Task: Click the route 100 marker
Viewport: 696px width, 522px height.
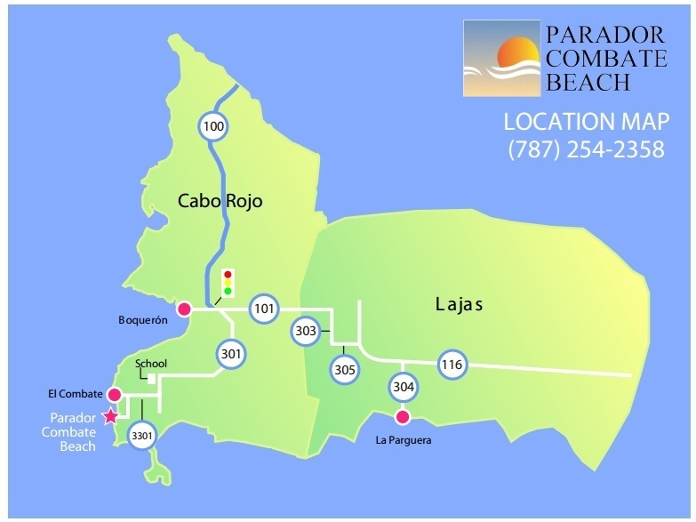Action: [213, 126]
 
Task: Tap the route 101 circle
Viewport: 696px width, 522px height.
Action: [263, 309]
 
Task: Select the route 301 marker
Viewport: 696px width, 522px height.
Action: [231, 354]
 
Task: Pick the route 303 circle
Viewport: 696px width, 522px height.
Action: [305, 332]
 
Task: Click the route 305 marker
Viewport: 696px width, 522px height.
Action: [344, 369]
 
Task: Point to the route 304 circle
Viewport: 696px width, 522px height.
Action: [403, 387]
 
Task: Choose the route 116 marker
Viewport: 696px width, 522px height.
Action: [452, 363]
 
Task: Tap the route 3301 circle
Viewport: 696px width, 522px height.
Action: [141, 437]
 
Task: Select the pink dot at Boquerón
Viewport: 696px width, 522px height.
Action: [184, 309]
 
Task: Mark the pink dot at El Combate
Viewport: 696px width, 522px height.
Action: [114, 394]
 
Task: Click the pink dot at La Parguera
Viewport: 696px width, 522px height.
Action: [403, 417]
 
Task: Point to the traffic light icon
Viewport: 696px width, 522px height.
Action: [228, 283]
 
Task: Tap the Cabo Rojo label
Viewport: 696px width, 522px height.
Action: [220, 201]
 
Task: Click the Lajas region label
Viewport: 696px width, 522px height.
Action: [459, 305]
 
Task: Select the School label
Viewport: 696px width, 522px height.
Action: [151, 363]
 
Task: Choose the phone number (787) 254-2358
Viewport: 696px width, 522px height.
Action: [586, 149]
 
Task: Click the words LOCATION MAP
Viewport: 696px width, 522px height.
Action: [583, 121]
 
